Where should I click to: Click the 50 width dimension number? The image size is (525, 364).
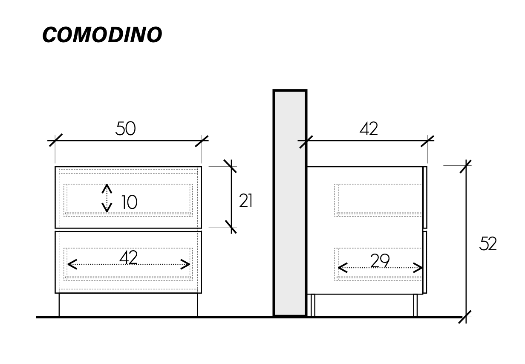(125, 129)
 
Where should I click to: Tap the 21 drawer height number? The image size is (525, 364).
(246, 201)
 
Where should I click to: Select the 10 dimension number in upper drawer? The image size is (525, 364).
(129, 202)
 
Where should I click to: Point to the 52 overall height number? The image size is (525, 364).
(488, 244)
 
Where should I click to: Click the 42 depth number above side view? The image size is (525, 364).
(369, 129)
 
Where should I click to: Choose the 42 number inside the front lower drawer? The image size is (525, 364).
(128, 257)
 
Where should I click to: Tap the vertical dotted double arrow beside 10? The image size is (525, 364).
(107, 198)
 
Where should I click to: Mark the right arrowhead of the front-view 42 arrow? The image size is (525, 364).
(187, 264)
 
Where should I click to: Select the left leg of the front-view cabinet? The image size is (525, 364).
(59, 305)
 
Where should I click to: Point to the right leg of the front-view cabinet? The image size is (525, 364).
(198, 305)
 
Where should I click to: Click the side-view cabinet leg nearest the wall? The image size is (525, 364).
(313, 305)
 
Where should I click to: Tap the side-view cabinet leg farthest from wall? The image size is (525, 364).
(415, 305)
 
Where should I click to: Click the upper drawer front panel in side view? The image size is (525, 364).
(424, 197)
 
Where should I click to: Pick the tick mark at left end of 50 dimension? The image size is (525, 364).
(55, 140)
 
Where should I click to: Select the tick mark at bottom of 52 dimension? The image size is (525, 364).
(466, 317)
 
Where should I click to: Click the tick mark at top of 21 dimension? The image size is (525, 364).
(231, 166)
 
